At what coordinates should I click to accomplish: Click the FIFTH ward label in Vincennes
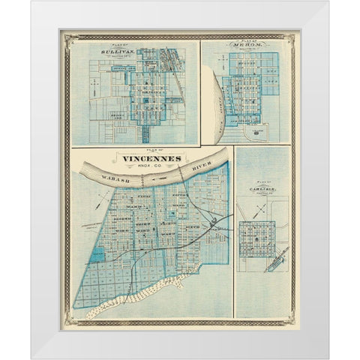[x=178, y=196]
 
